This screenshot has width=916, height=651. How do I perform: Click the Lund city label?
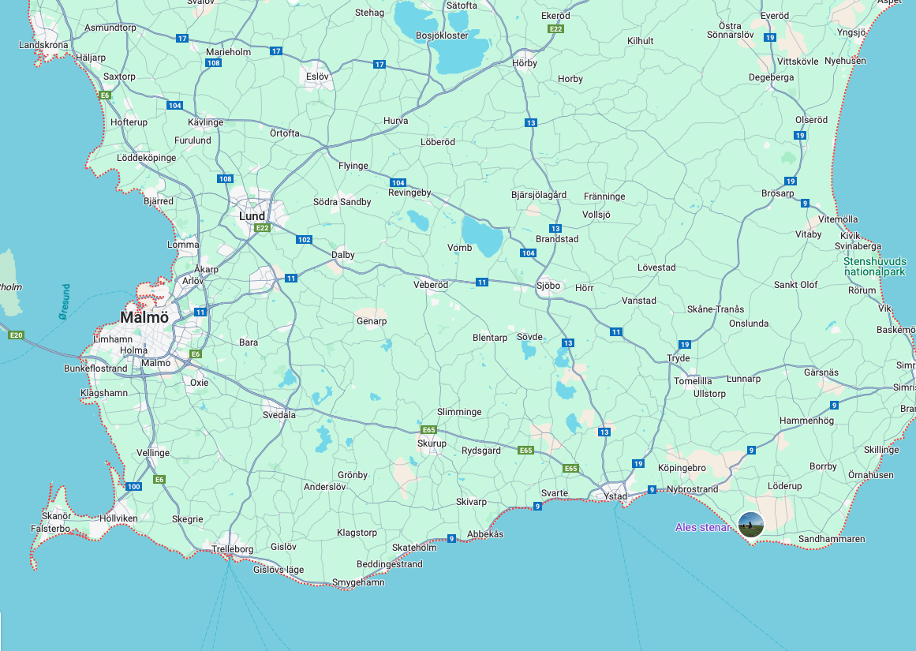[x=252, y=216]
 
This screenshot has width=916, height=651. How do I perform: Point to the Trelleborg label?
[x=233, y=548]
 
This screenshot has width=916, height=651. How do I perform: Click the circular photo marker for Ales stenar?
[x=751, y=525]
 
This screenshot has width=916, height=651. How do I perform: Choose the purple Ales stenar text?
[x=703, y=527]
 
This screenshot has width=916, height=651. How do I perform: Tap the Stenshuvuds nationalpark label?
[x=874, y=267]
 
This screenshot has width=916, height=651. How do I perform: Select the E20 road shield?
[x=15, y=335]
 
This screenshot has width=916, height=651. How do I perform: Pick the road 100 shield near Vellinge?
[x=133, y=486]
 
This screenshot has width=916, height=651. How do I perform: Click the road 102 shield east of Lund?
[x=305, y=240]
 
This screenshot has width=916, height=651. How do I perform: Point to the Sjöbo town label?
[x=548, y=286]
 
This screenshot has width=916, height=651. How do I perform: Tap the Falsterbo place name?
[x=50, y=529]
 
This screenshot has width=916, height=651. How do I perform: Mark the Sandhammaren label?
[x=832, y=539]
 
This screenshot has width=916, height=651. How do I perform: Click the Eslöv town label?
[x=317, y=77]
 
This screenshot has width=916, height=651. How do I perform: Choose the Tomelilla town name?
[x=693, y=380]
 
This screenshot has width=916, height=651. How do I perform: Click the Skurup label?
[x=432, y=443]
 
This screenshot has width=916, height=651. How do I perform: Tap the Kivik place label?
[x=850, y=235]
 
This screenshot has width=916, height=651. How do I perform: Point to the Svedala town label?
[x=279, y=414]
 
